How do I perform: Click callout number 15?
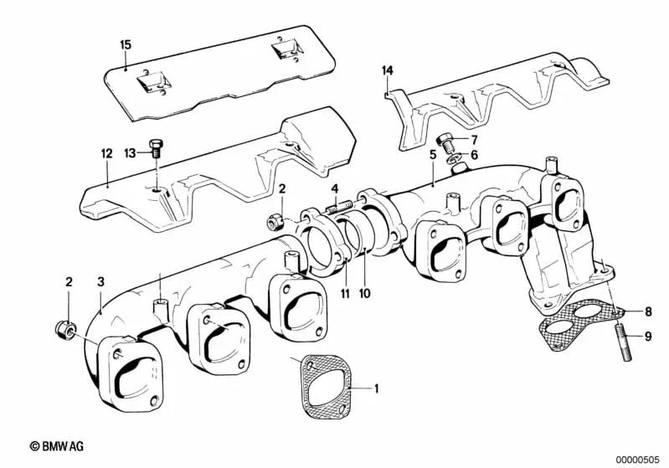coord(126,44)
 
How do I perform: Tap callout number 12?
coord(105,153)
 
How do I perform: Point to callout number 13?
coord(129,152)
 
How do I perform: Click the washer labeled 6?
coord(452,157)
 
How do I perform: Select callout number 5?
coord(433,156)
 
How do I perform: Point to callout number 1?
coord(377,388)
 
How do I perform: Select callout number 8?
coord(647,311)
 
